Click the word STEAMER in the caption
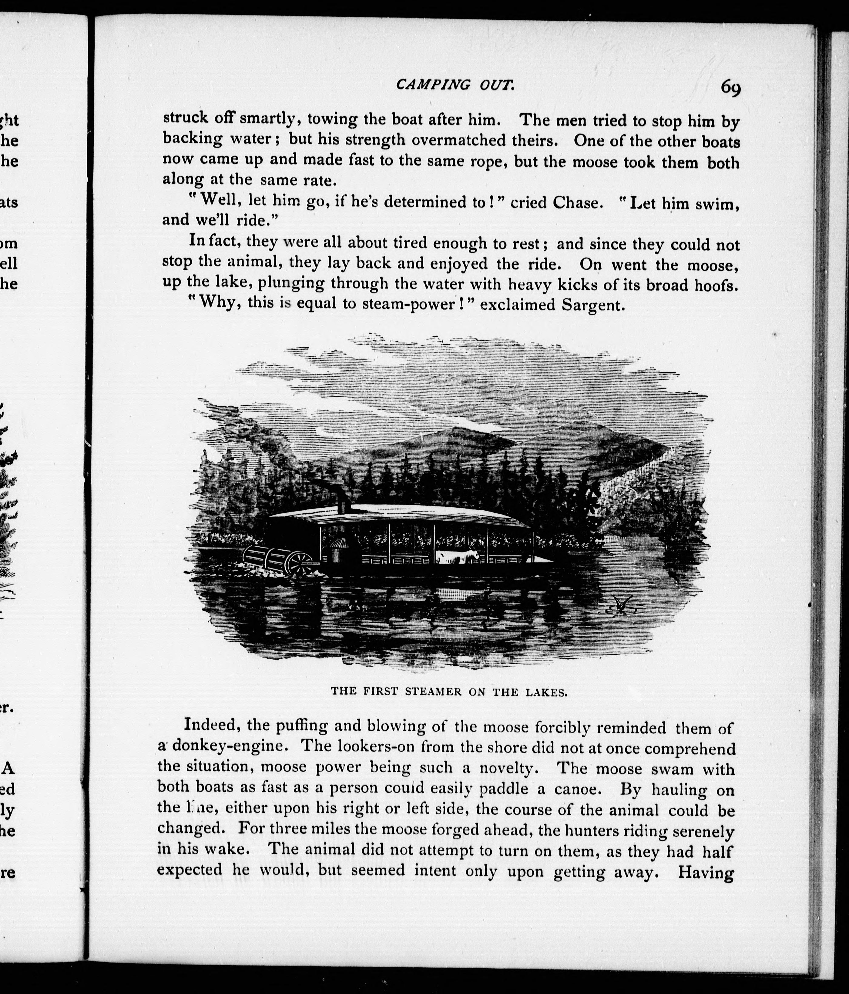[x=433, y=692]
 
